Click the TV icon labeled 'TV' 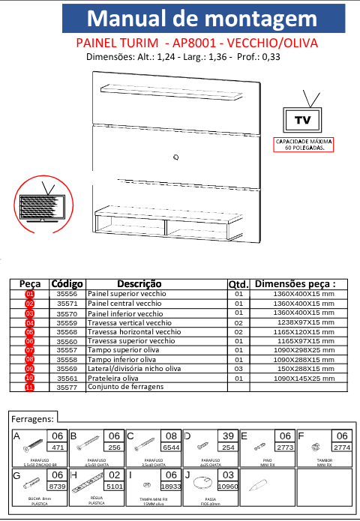coord(302,118)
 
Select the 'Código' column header coord(67,284)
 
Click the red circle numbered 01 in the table coord(30,295)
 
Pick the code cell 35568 coord(67,331)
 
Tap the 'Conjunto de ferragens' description coord(124,388)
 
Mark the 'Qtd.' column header coord(238,284)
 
